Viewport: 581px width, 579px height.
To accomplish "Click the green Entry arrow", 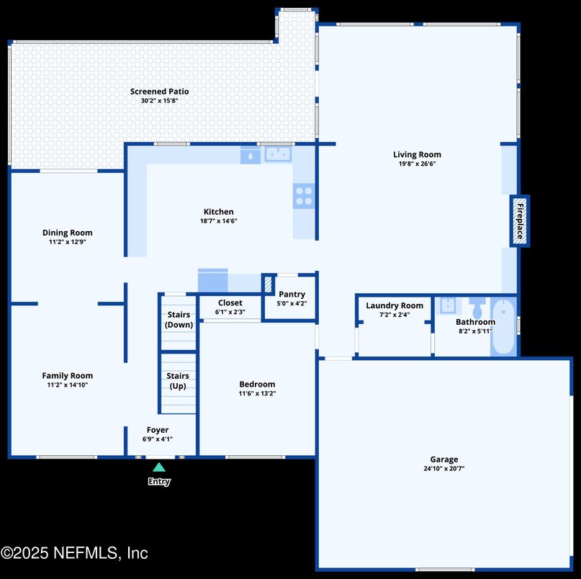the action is [x=159, y=467].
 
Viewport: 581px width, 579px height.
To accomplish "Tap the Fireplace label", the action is [x=521, y=221].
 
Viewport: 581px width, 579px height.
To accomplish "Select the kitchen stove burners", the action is [x=304, y=196].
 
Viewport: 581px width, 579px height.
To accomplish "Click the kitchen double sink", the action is [x=278, y=154].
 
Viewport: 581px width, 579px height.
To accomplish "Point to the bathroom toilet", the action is [x=477, y=308].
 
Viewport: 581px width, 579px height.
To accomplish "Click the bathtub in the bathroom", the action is [x=503, y=326].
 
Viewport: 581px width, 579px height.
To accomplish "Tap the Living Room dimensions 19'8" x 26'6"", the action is [x=417, y=164].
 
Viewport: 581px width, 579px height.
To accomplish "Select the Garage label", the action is [x=444, y=459].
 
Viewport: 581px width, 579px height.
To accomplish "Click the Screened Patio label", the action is [x=159, y=91].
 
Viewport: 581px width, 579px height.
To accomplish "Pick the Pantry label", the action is [x=292, y=295].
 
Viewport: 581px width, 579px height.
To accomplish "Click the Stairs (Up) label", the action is [x=178, y=381].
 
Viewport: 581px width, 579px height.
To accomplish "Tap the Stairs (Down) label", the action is [x=179, y=320].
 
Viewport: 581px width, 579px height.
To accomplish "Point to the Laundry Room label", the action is [x=395, y=306].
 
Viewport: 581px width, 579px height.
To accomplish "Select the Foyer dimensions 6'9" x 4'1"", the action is [x=158, y=439].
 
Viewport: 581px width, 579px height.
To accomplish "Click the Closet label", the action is [x=230, y=303].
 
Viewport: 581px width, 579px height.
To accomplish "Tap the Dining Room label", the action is [x=68, y=233].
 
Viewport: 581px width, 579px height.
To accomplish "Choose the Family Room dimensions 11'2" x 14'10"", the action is [x=68, y=385].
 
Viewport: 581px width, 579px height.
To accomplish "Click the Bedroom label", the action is [x=257, y=385].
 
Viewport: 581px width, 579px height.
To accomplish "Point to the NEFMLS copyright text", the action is [x=74, y=553].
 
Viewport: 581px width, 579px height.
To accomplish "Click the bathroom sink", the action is [x=448, y=306].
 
